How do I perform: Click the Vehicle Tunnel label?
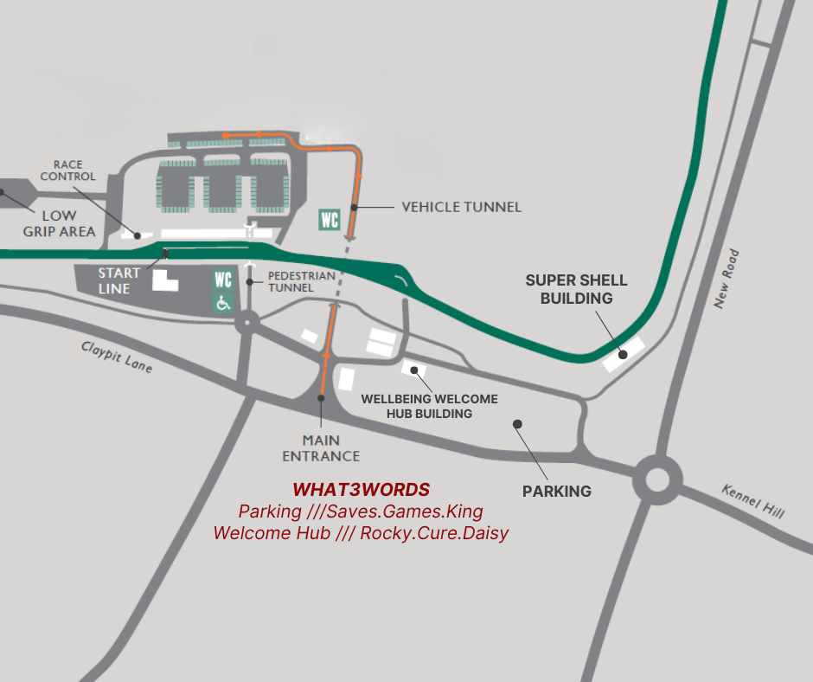click(461, 207)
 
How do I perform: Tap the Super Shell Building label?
click(577, 289)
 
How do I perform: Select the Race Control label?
click(74, 170)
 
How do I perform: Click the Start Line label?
click(118, 281)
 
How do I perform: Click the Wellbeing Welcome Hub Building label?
click(429, 406)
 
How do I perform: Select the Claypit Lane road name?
click(117, 356)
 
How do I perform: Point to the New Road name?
click(727, 279)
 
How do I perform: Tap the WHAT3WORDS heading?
click(361, 490)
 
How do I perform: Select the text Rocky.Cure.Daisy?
click(434, 533)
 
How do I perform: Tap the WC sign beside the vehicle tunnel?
click(330, 219)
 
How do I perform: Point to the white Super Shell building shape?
click(624, 355)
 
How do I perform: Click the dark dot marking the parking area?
click(517, 424)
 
